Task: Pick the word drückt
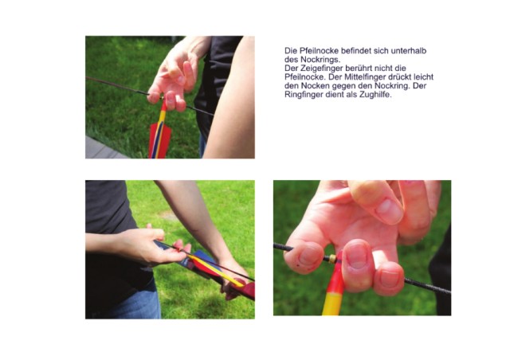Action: coord(402,77)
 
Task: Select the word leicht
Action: coord(424,77)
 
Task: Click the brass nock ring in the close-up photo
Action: coord(332,259)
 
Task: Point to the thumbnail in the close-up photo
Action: coord(389,209)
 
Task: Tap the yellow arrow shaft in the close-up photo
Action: coord(331,303)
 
